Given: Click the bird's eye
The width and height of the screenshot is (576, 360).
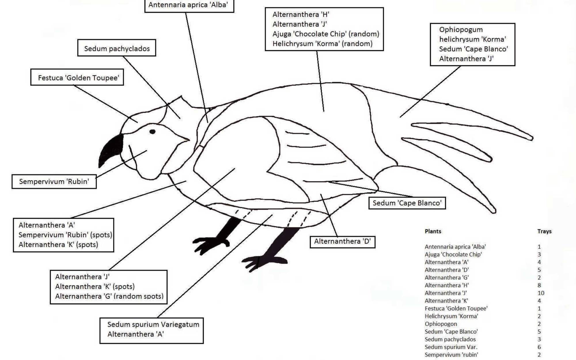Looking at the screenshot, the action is tap(152, 132).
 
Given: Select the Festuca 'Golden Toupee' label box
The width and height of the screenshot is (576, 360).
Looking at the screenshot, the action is tap(77, 77).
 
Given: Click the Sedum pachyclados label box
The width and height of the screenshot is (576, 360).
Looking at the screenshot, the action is tap(117, 48).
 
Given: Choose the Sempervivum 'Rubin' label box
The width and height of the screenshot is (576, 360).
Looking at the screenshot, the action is tap(54, 181).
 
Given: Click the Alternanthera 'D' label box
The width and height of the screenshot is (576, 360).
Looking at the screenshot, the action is tap(342, 242).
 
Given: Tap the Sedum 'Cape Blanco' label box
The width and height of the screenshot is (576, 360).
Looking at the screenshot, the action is tap(407, 203).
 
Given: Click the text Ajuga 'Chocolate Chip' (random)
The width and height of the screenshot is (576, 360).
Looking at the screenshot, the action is tap(326, 34).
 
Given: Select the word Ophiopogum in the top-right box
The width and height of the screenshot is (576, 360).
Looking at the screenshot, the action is tap(461, 30).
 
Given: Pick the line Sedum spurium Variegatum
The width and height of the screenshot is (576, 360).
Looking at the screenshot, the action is tap(153, 325).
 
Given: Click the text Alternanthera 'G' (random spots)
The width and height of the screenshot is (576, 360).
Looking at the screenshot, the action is tap(109, 296).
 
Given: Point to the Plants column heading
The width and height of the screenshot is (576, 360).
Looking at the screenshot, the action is tap(433, 231).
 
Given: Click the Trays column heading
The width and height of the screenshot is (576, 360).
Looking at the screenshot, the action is tap(544, 231).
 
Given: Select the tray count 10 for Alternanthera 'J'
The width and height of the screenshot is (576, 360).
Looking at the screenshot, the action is tap(541, 293).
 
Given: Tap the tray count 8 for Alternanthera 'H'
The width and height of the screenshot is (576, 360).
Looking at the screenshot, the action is tap(539, 285).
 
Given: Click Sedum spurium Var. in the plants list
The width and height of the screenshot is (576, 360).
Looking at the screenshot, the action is tap(451, 347).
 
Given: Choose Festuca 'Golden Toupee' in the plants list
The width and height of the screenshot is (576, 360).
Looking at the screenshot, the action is tap(456, 308).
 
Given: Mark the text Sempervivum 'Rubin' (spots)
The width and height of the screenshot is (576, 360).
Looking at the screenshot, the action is tap(65, 235).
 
